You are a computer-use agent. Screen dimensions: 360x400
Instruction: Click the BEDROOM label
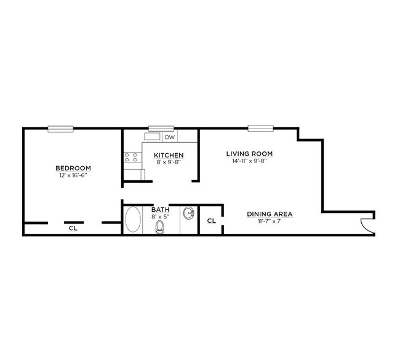point(73,169)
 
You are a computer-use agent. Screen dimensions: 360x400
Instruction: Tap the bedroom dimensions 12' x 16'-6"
point(73,176)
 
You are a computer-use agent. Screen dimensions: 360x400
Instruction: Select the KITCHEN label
point(168,155)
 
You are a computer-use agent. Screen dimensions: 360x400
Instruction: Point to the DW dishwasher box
point(169,137)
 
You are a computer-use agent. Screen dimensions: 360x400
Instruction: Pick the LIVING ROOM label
point(249,154)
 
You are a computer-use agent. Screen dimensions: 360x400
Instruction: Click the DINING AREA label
point(270,214)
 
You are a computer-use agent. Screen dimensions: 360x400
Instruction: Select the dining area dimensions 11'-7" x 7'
point(270,221)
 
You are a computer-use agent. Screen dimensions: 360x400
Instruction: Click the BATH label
point(161,210)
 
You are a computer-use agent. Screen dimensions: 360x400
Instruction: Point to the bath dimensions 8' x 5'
point(161,217)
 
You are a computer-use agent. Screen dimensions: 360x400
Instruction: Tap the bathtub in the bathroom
point(132,220)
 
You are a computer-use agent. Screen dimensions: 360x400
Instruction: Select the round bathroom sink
point(188,214)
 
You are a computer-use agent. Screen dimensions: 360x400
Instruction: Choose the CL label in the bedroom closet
point(73,228)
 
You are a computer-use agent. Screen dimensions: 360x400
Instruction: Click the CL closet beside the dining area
point(211,221)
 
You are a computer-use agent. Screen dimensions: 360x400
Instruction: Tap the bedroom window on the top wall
point(61,129)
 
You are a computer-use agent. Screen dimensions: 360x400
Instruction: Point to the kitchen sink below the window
point(153,137)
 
